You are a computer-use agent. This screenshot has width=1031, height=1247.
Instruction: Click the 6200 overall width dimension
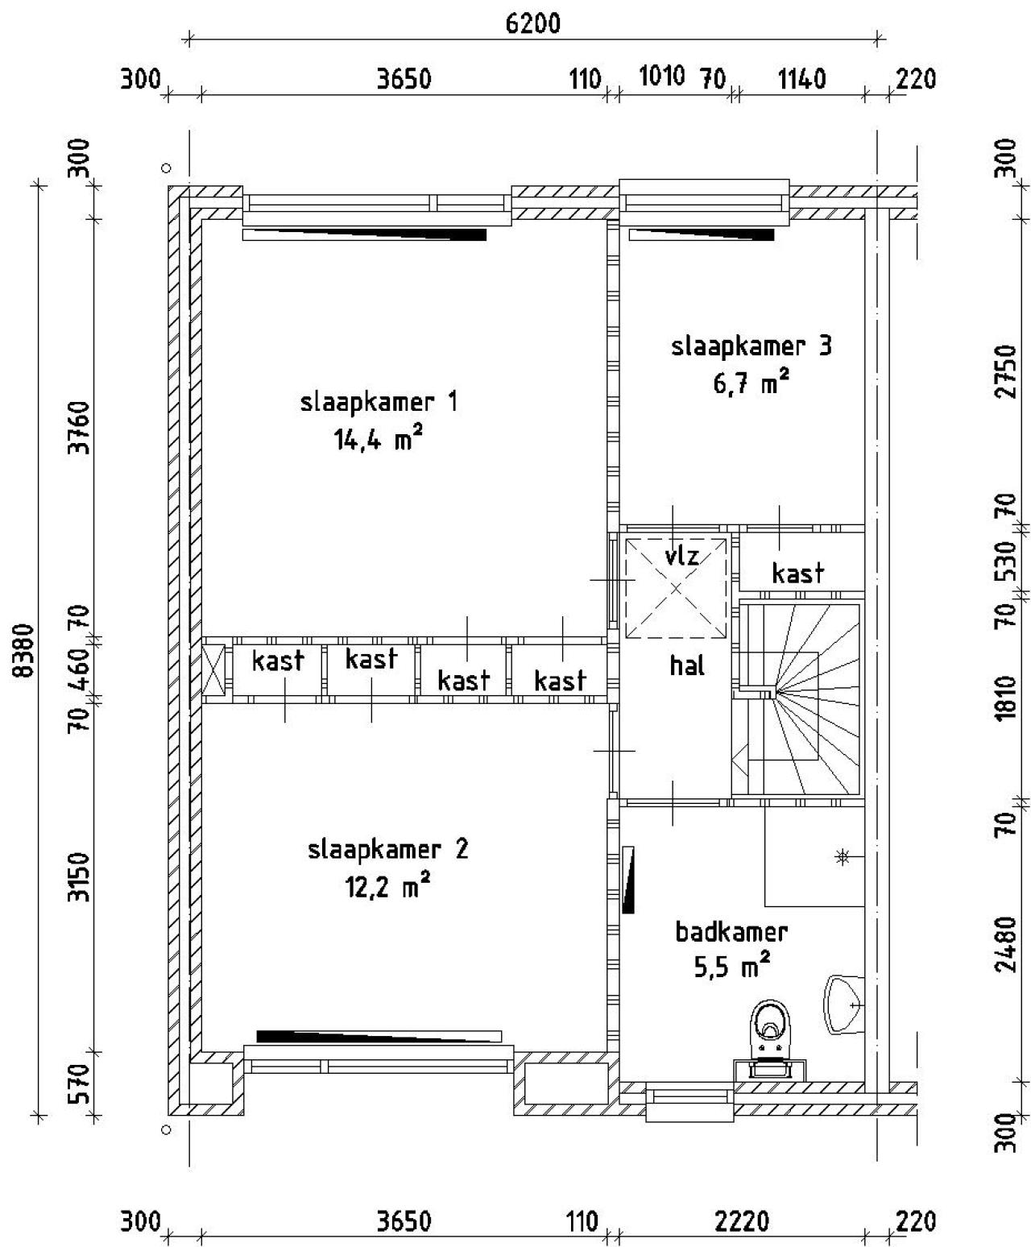click(533, 24)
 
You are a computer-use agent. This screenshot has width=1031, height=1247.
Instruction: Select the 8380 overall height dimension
click(24, 650)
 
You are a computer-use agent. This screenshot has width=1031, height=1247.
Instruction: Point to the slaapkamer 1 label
click(379, 401)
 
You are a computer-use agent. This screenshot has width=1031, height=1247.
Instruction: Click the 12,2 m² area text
click(387, 885)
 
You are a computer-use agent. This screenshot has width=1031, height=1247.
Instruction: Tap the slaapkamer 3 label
click(752, 346)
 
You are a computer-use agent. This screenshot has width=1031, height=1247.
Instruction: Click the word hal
click(687, 665)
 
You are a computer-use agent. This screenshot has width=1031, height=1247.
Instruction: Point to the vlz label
click(681, 555)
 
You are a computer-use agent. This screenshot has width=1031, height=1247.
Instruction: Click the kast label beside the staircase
click(798, 574)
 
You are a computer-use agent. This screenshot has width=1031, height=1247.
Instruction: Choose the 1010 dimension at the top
click(662, 76)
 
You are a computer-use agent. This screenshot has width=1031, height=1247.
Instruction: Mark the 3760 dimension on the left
click(79, 428)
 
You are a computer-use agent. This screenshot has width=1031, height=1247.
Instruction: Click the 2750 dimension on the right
click(1005, 371)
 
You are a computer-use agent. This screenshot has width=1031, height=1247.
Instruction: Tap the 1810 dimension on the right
click(1005, 698)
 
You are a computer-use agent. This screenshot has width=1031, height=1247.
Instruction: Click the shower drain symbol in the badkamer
click(843, 858)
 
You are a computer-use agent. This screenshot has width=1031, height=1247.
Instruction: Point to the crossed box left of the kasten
click(213, 669)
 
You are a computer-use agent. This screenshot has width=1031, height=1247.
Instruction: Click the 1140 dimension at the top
click(801, 79)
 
